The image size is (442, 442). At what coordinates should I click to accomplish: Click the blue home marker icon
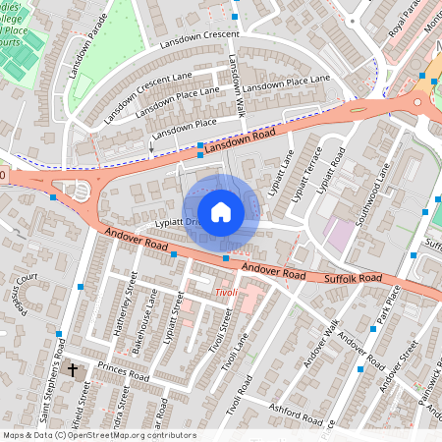221,212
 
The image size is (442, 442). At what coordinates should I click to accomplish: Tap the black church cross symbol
73,370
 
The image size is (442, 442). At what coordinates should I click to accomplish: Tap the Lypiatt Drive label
163,223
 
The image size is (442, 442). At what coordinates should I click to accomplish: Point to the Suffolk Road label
355,280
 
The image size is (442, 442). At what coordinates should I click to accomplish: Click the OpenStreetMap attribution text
99,434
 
